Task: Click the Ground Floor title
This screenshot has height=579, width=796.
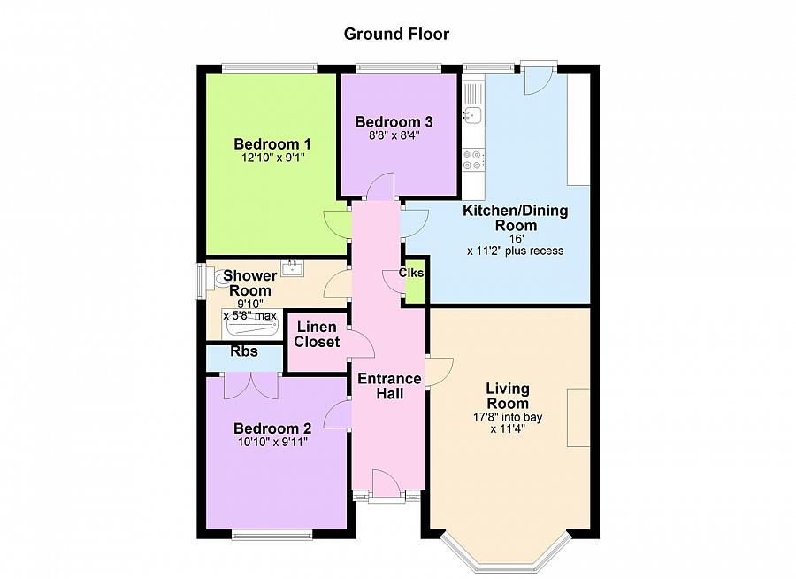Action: coord(396,35)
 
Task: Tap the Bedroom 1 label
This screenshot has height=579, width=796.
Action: coord(272,144)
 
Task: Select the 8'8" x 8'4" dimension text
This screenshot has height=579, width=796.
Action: coord(394,136)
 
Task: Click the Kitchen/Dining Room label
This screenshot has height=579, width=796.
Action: coord(516,218)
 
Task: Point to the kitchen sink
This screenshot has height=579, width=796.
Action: coord(472,113)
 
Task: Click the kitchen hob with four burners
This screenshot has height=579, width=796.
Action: coord(473,159)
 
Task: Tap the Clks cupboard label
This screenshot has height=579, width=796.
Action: coord(411,274)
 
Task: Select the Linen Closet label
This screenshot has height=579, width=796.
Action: coord(317,335)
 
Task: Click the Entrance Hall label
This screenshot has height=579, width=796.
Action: coord(388,386)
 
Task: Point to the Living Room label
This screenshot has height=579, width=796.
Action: coord(508,396)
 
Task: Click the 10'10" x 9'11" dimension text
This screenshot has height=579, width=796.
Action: coord(272,442)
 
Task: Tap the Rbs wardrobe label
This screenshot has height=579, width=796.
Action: coord(244,351)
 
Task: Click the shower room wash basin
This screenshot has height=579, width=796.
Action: coord(293,266)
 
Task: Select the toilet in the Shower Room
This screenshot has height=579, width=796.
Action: coord(219,280)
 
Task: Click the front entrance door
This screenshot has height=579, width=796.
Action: coord(385,483)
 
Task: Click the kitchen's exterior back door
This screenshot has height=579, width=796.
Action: coord(537,80)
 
